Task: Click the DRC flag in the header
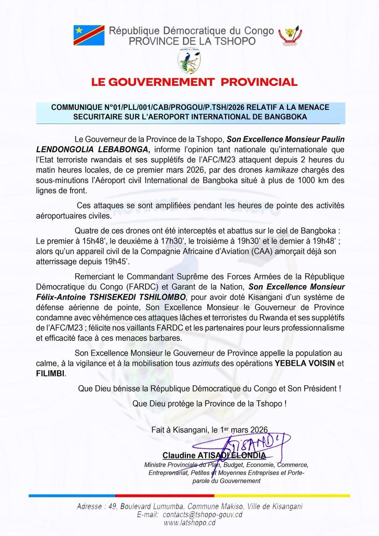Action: point(90,35)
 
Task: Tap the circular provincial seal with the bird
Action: point(189,61)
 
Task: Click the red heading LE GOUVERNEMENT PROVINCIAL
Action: point(194,82)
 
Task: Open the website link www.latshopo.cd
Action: point(189,523)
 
